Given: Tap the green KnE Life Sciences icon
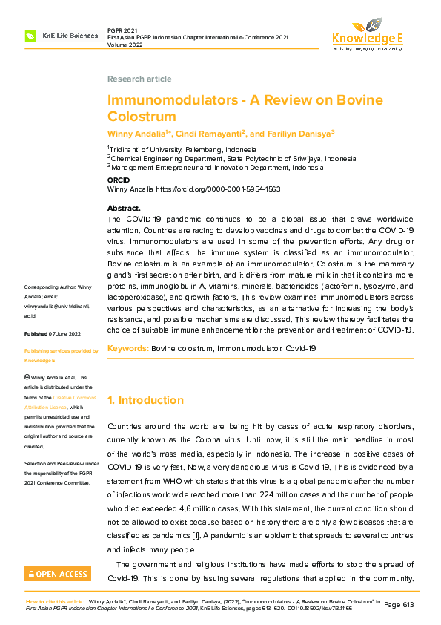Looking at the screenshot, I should pos(30,36).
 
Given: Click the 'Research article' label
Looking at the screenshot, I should pos(139,79).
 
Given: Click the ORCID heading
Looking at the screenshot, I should pos(119,180).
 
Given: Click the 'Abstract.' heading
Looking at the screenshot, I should pos(124,209).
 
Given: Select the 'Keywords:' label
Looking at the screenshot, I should pos(127,347).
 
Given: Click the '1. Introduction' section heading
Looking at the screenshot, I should pos(146,400).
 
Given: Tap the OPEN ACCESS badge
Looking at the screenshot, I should pos(58,574).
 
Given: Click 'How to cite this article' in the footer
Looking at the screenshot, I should pos(55,601).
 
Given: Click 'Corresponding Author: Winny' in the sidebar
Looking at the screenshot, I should pos(58,287).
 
